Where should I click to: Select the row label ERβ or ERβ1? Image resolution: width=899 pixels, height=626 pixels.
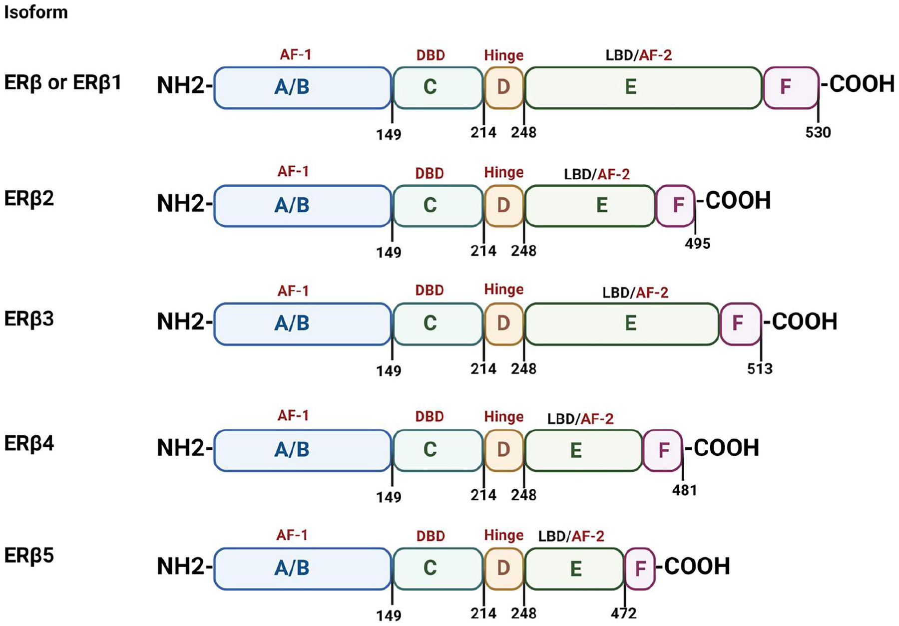pyautogui.click(x=63, y=82)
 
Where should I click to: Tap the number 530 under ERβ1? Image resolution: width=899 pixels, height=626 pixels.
pyautogui.click(x=818, y=132)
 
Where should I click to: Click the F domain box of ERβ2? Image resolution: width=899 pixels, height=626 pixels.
pyautogui.click(x=676, y=205)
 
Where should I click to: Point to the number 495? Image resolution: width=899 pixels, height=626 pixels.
pyautogui.click(x=698, y=244)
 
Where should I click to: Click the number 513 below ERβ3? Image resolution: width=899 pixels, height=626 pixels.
pyautogui.click(x=760, y=369)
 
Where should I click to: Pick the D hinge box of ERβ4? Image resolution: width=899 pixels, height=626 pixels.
pyautogui.click(x=503, y=450)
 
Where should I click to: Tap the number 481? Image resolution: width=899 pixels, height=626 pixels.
pyautogui.click(x=684, y=491)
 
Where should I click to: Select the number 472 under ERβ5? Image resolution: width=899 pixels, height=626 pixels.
pyautogui.click(x=624, y=613)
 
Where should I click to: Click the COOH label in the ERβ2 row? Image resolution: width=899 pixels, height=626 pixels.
pyautogui.click(x=738, y=201)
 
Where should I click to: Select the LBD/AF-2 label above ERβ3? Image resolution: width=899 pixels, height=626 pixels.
pyautogui.click(x=635, y=293)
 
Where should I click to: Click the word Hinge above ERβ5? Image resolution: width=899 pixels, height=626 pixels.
pyautogui.click(x=503, y=536)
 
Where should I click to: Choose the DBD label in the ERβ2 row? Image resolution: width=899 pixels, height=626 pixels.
pyautogui.click(x=430, y=173)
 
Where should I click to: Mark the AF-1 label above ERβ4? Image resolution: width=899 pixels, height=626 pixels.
pyautogui.click(x=293, y=416)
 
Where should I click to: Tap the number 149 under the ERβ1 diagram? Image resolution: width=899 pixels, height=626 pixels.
pyautogui.click(x=389, y=134)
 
